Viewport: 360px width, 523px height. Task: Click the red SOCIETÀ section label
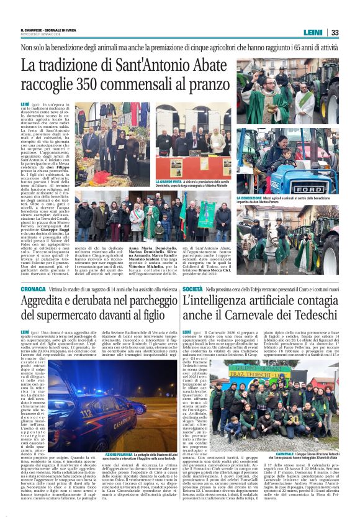[194, 289]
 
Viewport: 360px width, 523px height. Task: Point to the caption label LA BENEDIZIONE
[251, 198]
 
